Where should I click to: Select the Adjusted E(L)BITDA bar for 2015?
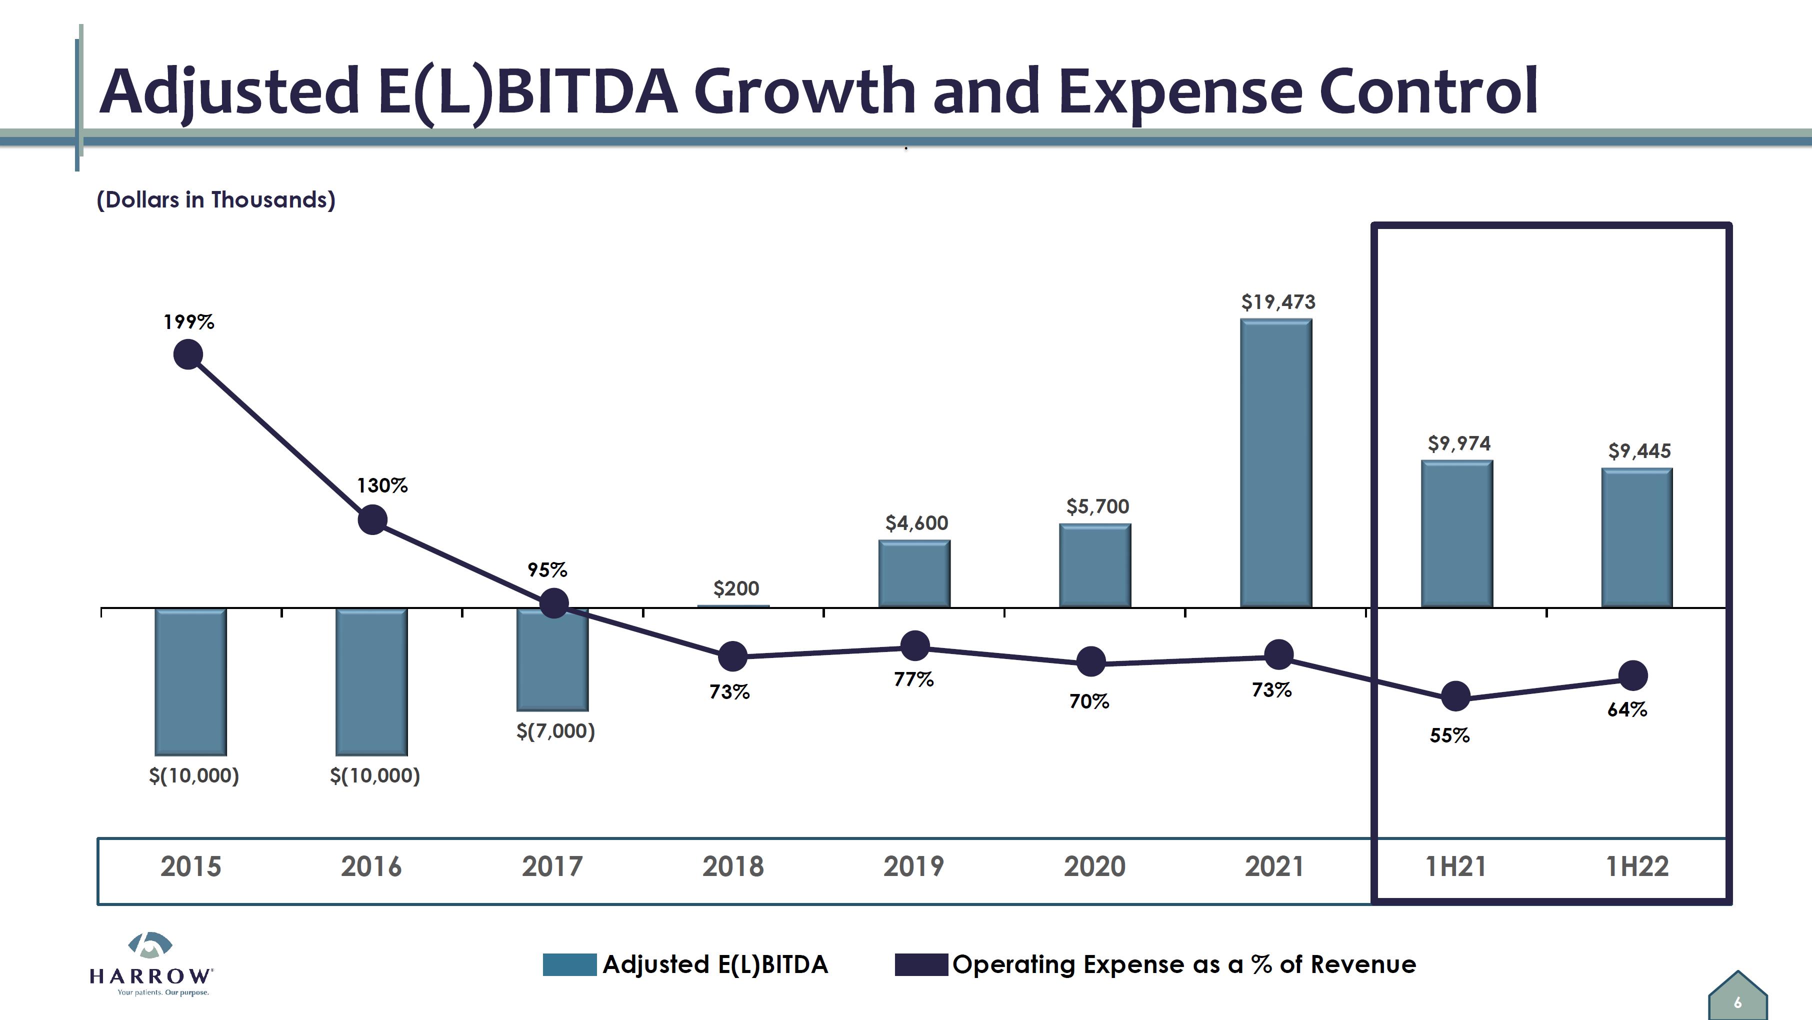(x=190, y=681)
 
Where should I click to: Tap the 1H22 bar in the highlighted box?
(x=1637, y=537)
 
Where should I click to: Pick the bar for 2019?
(x=913, y=573)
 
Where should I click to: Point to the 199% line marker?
(x=188, y=354)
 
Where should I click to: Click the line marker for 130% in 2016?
(x=372, y=520)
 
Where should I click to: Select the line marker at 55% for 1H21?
(x=1455, y=696)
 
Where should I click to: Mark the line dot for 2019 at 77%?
(x=914, y=646)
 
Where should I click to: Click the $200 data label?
(x=736, y=588)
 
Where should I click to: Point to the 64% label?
(x=1627, y=709)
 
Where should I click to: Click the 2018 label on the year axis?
(x=733, y=866)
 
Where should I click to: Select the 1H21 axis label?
(x=1455, y=866)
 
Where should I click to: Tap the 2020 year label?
(x=1094, y=866)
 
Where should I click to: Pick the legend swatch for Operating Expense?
(x=921, y=964)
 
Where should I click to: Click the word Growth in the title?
(x=804, y=91)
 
